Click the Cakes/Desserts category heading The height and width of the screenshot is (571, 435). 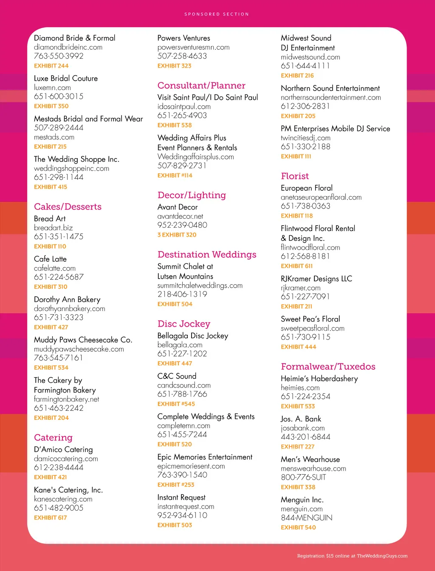pyautogui.click(x=68, y=207)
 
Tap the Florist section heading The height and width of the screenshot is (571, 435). pyautogui.click(x=295, y=176)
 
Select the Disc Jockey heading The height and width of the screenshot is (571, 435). pyautogui.click(x=184, y=324)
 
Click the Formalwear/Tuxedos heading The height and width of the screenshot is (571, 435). pyautogui.click(x=328, y=367)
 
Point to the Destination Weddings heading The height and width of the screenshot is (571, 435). pyautogui.click(x=207, y=254)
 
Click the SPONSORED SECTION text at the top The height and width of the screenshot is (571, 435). pyautogui.click(x=217, y=14)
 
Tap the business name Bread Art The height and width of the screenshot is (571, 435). pyautogui.click(x=50, y=219)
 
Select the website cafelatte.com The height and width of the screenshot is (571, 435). pyautogui.click(x=55, y=268)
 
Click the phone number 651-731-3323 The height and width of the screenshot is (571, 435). pyautogui.click(x=59, y=317)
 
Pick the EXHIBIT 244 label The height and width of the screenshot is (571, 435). pyautogui.click(x=51, y=66)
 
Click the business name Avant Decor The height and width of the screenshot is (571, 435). pyautogui.click(x=178, y=207)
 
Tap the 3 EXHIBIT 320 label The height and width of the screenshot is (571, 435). pyautogui.click(x=177, y=235)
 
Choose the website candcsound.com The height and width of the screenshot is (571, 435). pyautogui.click(x=184, y=385)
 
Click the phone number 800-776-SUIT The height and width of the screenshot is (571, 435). pyautogui.click(x=303, y=478)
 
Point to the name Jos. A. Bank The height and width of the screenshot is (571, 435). pyautogui.click(x=301, y=419)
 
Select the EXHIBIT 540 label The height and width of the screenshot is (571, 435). pyautogui.click(x=298, y=527)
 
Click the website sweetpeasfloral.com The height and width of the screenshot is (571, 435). pyautogui.click(x=313, y=328)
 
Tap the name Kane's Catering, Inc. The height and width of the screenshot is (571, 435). pyautogui.click(x=68, y=490)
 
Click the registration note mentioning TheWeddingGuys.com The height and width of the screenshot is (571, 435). pyautogui.click(x=352, y=556)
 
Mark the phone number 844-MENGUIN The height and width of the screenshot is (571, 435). pyautogui.click(x=307, y=518)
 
